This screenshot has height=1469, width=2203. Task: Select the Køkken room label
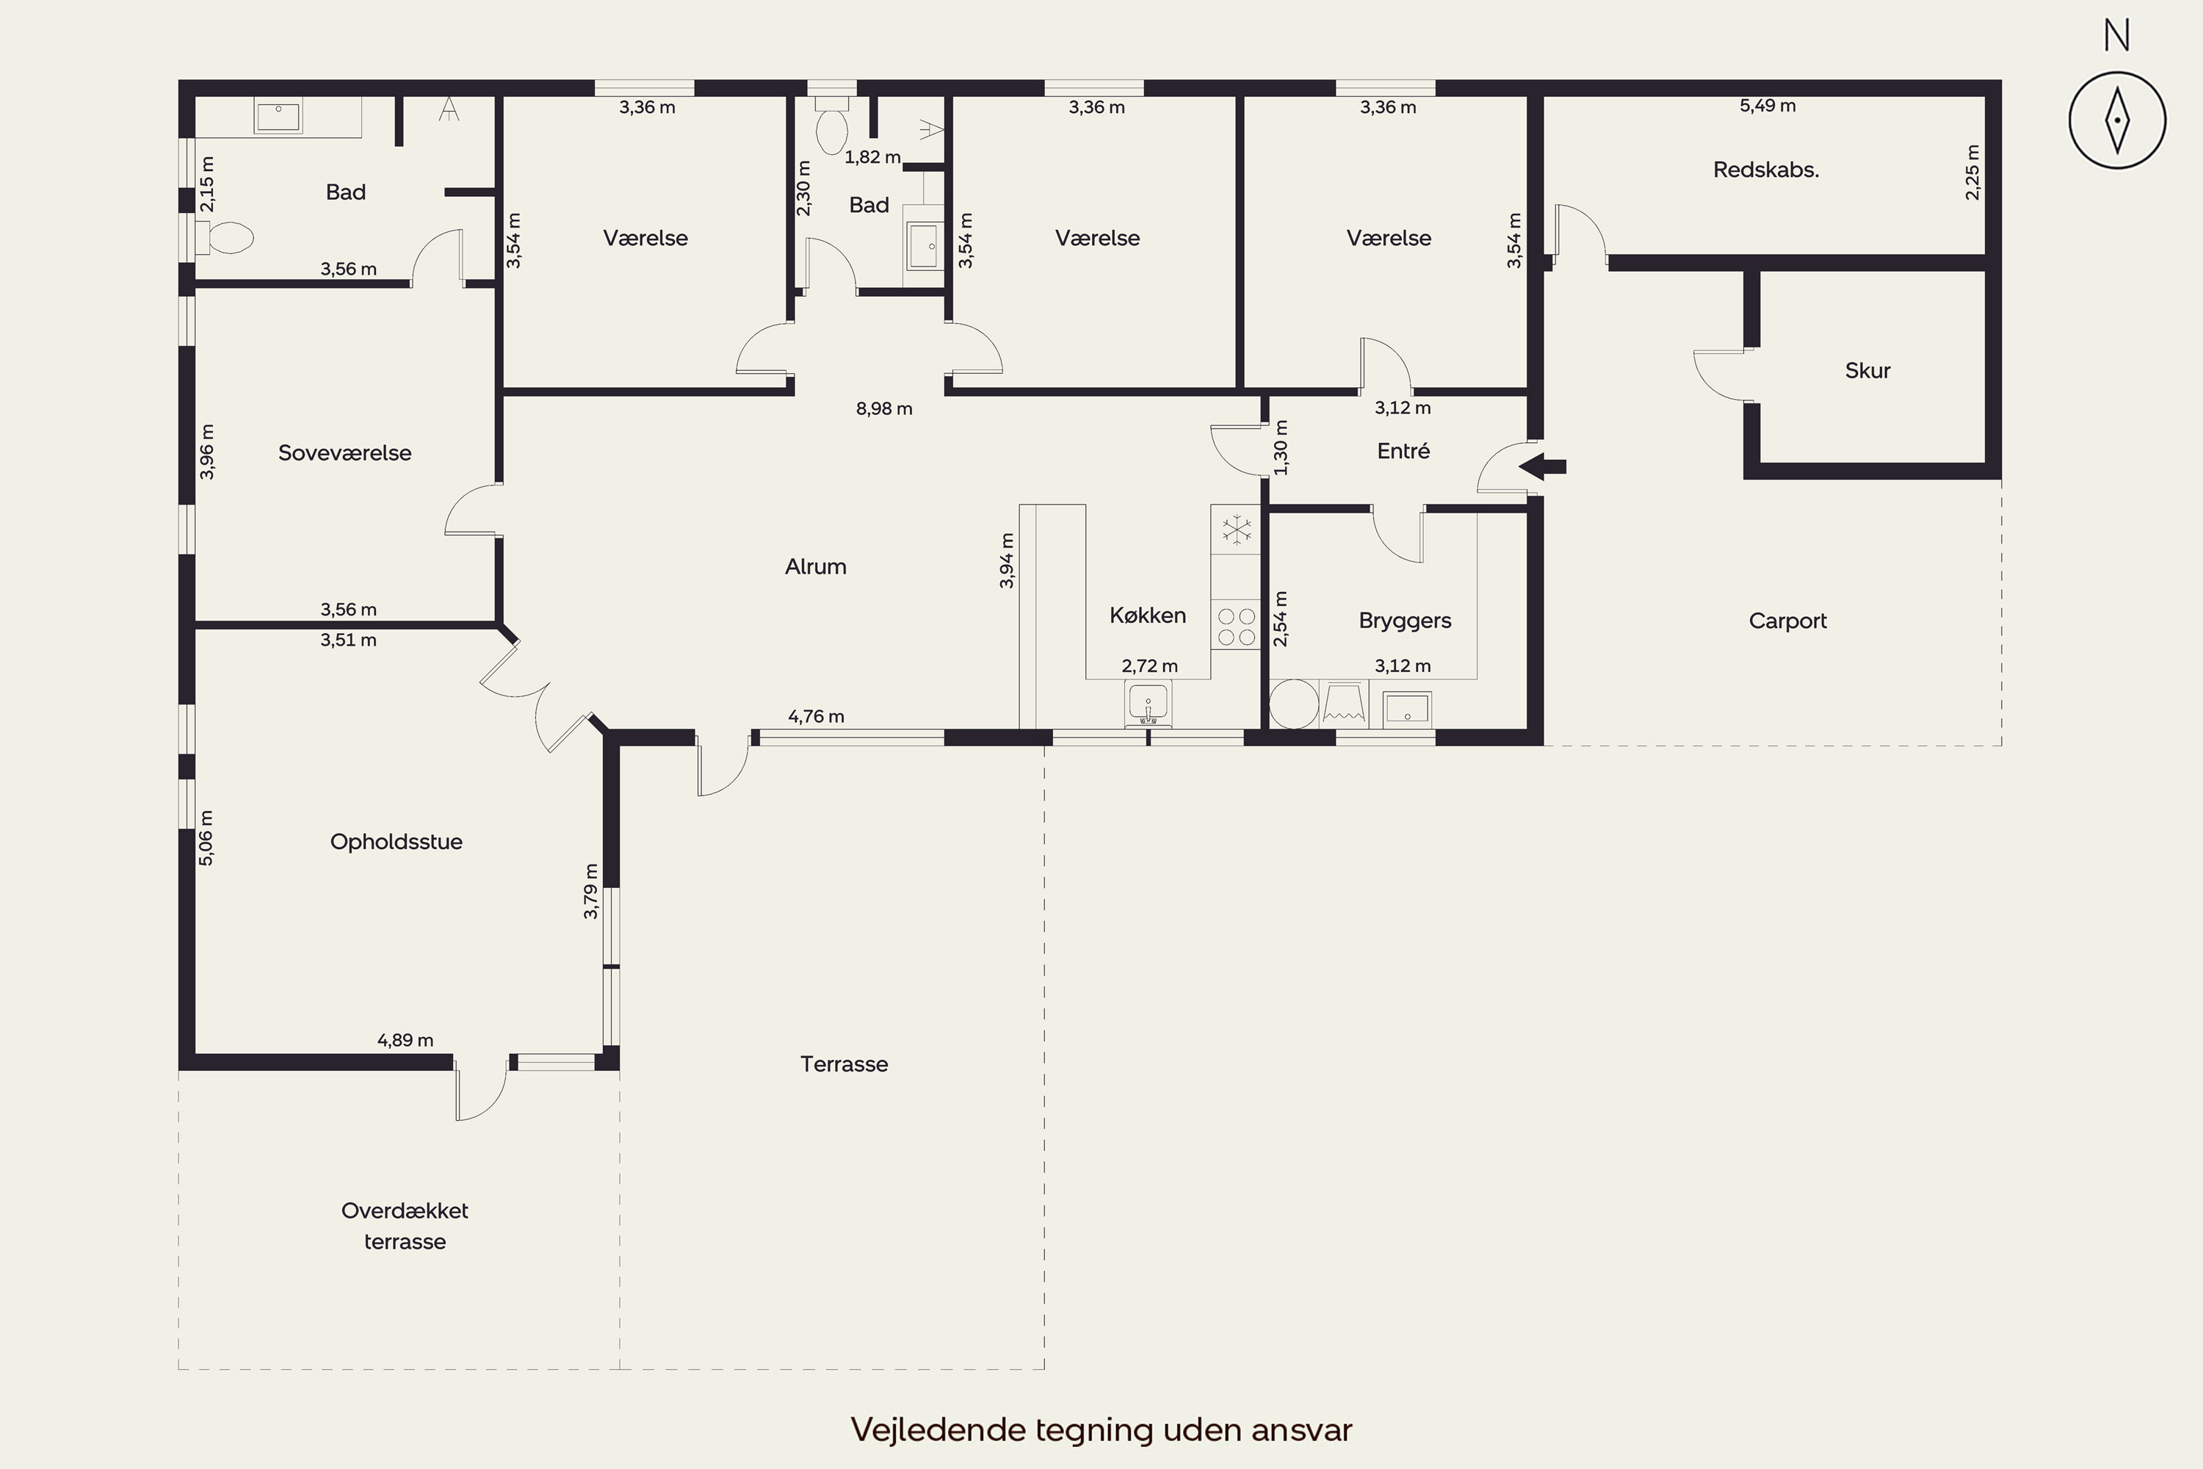1147,615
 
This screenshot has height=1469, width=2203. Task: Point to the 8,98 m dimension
883,408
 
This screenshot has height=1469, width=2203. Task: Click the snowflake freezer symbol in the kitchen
1237,530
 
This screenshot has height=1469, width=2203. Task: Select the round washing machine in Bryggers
1293,704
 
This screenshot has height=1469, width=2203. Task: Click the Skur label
1867,370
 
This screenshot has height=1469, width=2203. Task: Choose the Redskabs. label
1765,170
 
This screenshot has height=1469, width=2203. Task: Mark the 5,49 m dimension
1768,106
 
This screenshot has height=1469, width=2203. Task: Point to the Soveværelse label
344,452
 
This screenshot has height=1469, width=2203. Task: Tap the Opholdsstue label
397,841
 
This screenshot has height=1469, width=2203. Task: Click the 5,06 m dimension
207,837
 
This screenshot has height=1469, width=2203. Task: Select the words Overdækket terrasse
405,1225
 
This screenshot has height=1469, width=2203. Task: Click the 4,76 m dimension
816,717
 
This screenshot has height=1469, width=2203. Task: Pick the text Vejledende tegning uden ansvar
1101,1429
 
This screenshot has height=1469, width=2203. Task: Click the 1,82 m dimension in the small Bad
872,157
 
